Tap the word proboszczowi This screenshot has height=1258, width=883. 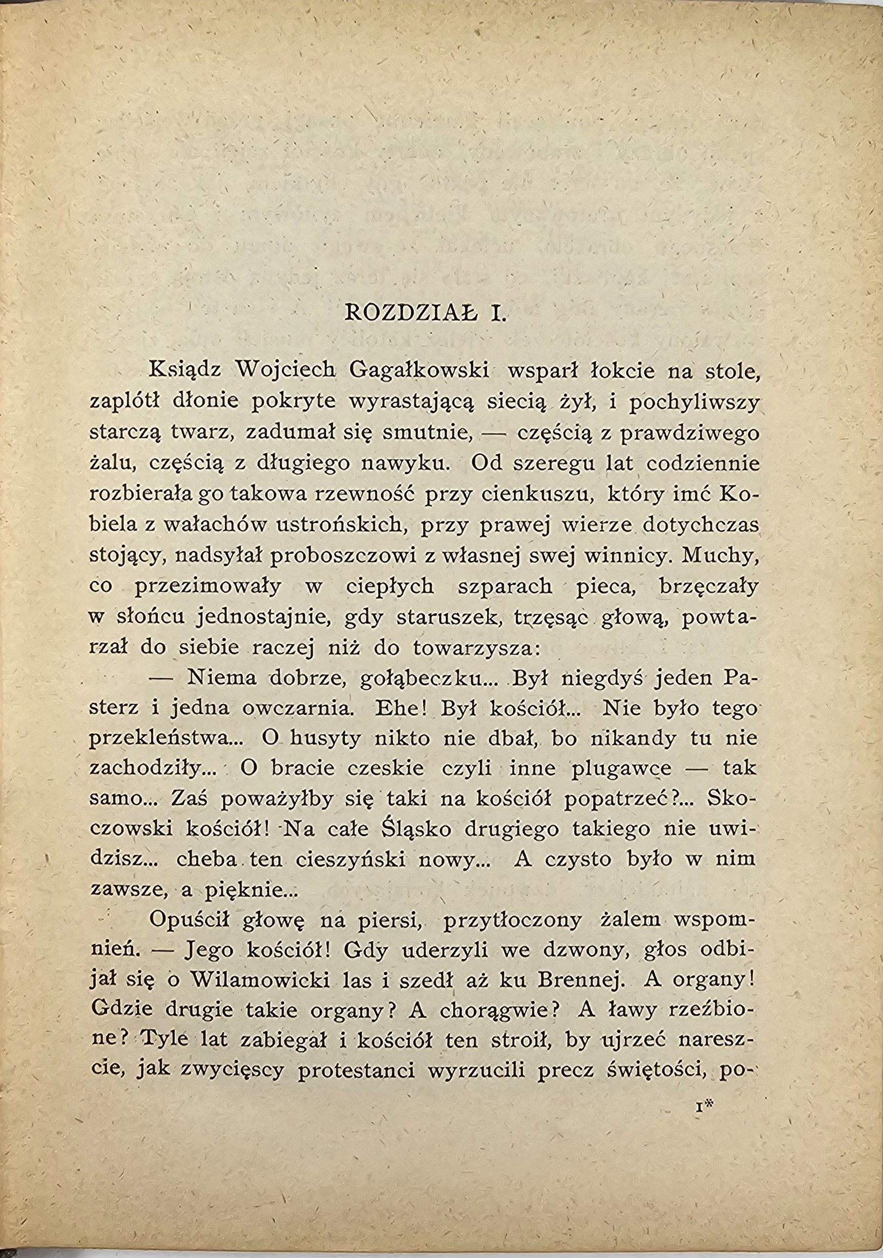point(346,555)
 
